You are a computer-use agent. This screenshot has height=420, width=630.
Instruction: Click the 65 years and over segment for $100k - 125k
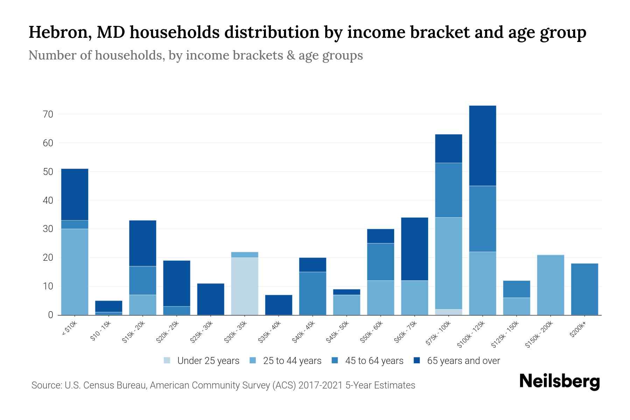tap(483, 146)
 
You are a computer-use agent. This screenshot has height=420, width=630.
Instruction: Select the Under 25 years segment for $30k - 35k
tap(245, 286)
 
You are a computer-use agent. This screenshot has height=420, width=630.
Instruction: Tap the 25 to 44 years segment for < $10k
tap(75, 272)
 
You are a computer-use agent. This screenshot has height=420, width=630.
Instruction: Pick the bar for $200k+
tap(584, 289)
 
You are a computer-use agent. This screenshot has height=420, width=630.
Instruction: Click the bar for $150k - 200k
tap(551, 285)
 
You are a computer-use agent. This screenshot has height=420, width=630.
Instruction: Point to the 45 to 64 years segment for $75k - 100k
tap(448, 190)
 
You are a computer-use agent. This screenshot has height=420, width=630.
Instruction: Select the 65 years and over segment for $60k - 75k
tap(414, 249)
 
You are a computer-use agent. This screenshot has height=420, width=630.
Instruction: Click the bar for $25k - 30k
tap(211, 299)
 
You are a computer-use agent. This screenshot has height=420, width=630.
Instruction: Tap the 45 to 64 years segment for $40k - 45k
tap(313, 293)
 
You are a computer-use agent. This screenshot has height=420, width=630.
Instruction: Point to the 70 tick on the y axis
tap(48, 114)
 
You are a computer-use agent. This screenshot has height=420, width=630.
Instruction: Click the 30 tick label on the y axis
tap(48, 229)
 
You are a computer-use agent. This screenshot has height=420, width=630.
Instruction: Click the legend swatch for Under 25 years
tap(167, 360)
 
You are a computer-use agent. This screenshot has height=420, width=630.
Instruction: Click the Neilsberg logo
tap(559, 382)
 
